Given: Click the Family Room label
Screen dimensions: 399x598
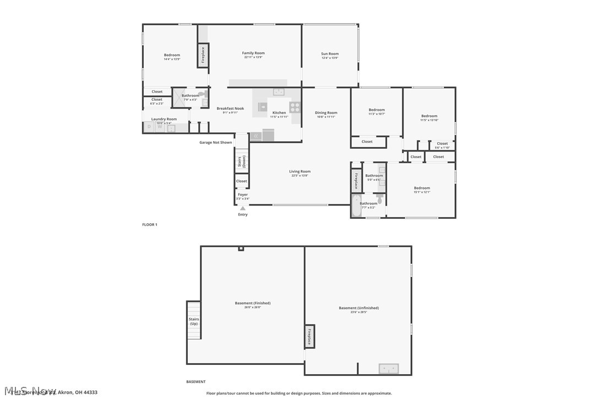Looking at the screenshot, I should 254,53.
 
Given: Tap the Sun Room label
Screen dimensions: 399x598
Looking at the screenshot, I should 330,54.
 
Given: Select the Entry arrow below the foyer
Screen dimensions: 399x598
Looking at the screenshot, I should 243,208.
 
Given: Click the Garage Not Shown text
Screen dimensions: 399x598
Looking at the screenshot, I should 216,142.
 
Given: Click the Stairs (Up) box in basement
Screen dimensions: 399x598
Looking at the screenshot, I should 194,321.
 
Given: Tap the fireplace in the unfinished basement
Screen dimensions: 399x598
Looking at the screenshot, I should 310,336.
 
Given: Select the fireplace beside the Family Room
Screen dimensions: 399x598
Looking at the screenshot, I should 203,55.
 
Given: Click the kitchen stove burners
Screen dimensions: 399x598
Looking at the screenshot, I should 295,107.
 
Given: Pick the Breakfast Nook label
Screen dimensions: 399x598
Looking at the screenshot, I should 230,109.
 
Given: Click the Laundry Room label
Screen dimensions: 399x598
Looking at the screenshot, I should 164,119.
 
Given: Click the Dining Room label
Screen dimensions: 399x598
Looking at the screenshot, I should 326,113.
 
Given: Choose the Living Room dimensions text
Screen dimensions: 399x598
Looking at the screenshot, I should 300,175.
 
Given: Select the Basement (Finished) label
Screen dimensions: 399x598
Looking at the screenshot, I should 253,303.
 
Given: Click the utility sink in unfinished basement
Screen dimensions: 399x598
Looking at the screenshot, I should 389,369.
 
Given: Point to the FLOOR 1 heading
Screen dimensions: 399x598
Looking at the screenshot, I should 150,224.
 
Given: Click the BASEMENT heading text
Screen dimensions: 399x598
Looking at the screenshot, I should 196,381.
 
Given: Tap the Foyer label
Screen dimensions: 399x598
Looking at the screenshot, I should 243,195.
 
